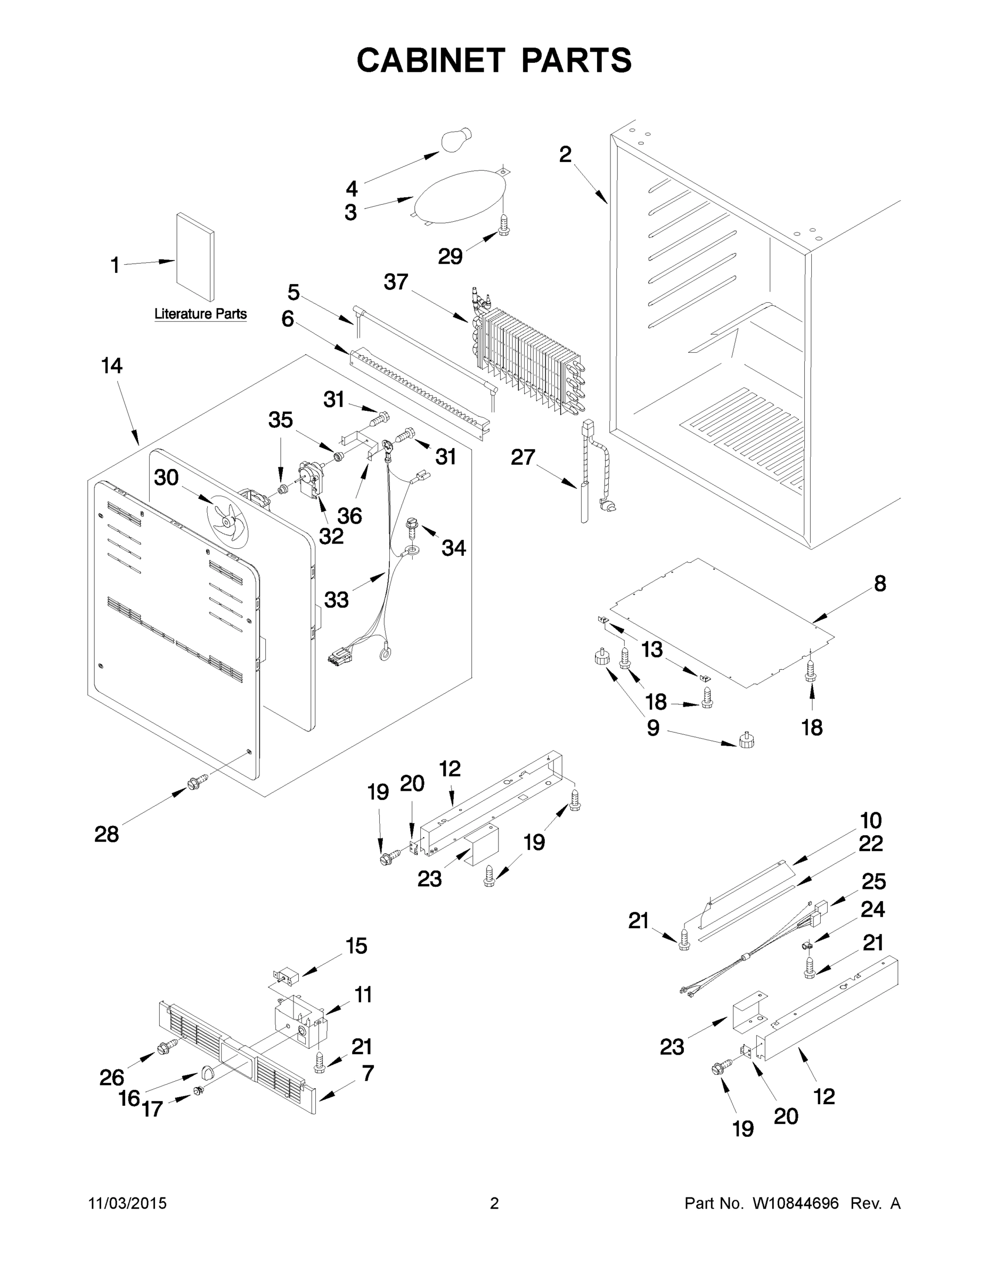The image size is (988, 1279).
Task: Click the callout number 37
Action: pos(396,282)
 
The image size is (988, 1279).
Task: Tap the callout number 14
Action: pos(111,366)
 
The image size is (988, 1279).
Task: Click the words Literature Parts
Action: pos(200,314)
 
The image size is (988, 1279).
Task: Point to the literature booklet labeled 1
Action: pos(195,256)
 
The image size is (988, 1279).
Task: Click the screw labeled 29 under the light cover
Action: pos(503,224)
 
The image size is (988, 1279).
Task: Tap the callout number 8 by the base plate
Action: pos(880,584)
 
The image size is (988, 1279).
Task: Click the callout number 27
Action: pos(522,457)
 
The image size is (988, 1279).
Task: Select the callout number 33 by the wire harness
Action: pos(336,600)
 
